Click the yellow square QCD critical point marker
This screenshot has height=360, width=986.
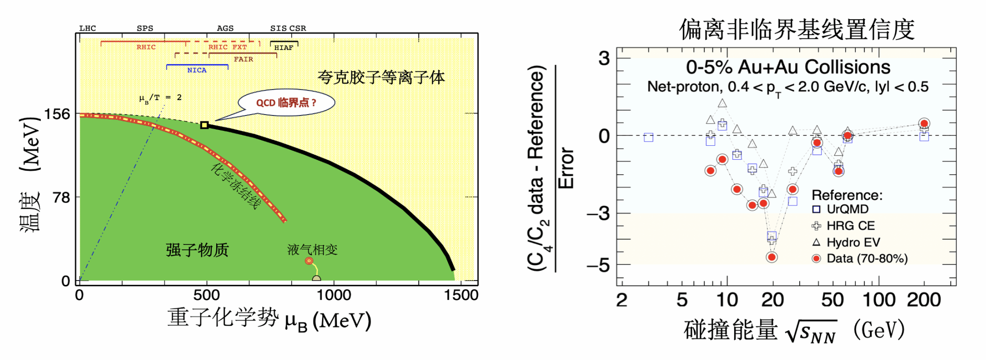[204, 125]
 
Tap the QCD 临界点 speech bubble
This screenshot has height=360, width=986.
[286, 103]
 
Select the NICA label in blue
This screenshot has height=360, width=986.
[196, 70]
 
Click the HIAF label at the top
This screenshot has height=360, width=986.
[284, 48]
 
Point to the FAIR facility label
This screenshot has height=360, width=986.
[243, 59]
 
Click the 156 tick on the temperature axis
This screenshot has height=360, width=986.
[57, 115]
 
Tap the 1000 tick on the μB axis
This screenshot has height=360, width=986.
[334, 295]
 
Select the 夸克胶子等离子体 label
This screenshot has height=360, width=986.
[381, 77]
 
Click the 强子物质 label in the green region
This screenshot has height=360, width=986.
[197, 250]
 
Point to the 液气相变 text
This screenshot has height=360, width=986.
[312, 249]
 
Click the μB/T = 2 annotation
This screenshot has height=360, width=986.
[160, 98]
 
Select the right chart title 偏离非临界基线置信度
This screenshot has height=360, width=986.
[796, 30]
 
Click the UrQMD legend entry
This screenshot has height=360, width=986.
[847, 209]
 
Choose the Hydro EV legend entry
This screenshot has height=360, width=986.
[853, 242]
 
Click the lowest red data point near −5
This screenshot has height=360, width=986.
[772, 257]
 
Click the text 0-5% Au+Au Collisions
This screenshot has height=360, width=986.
[788, 67]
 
